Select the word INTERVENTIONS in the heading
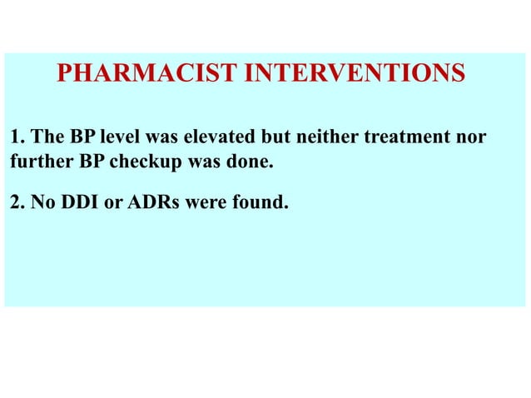354,73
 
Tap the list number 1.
16,137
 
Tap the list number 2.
16,202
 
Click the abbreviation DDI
77,202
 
